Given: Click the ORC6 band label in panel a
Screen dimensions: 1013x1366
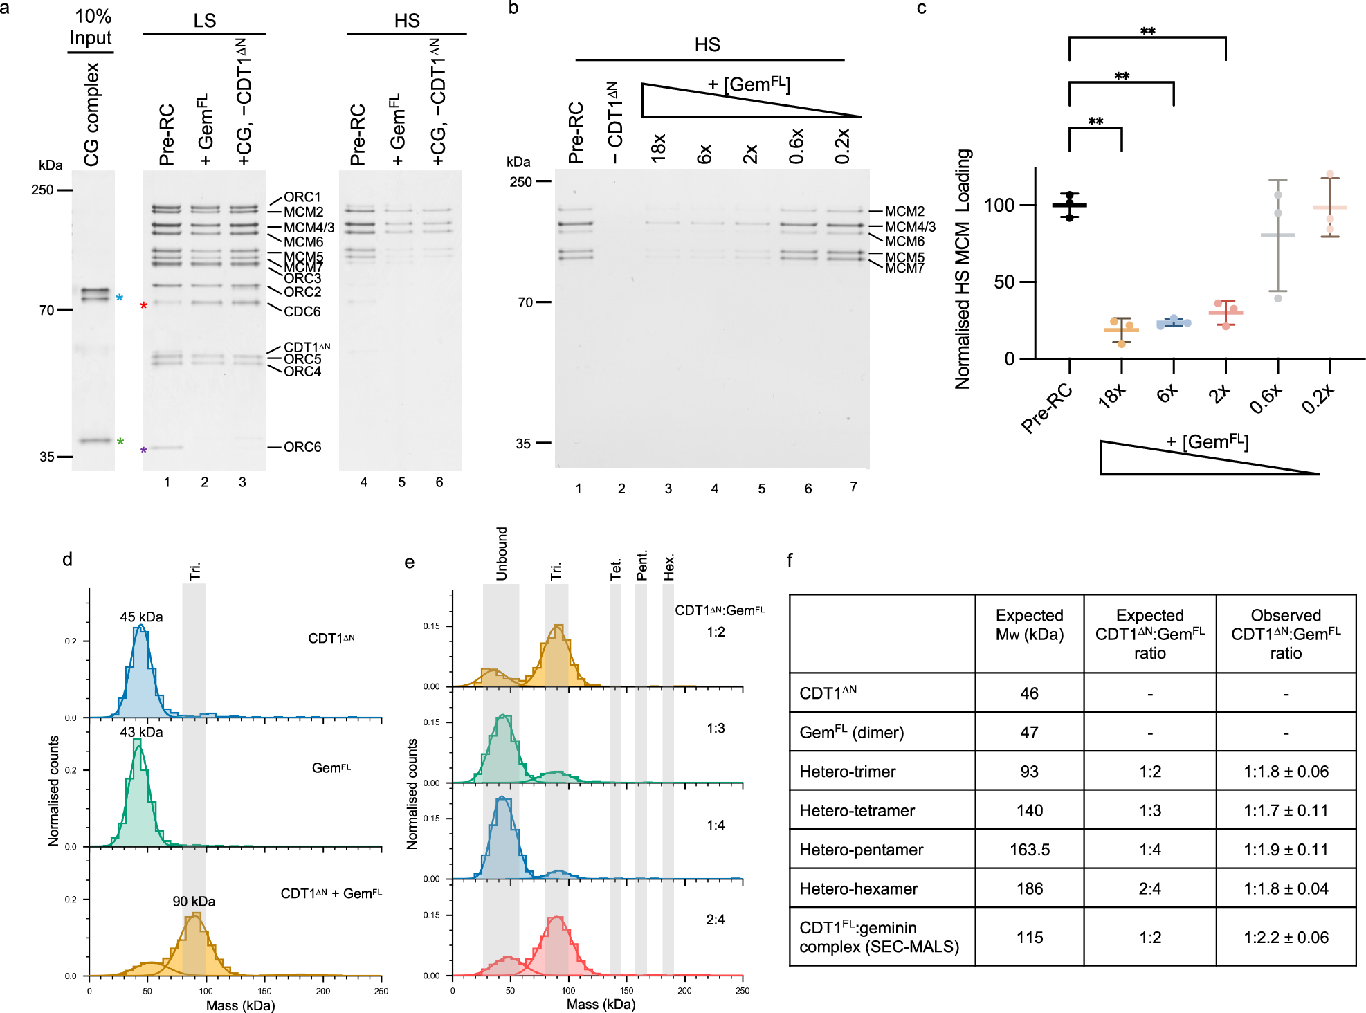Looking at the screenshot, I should [302, 447].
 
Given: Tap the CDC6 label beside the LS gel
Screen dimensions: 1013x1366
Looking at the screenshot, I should [302, 311].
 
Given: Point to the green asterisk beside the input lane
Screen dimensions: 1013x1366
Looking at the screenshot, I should [120, 442].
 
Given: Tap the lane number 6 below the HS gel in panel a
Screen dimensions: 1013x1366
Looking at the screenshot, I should [439, 482].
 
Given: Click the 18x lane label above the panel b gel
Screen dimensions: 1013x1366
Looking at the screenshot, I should [658, 147].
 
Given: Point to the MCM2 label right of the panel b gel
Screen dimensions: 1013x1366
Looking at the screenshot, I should [904, 211].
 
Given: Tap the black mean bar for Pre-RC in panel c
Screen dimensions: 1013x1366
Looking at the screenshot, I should [1070, 206].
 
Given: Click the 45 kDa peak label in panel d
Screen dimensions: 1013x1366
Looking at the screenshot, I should [141, 617].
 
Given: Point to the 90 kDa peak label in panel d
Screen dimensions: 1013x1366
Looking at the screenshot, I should [194, 902].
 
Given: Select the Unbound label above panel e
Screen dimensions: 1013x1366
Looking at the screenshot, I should [502, 554].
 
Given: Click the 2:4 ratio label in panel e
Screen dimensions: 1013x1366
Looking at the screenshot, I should [716, 920].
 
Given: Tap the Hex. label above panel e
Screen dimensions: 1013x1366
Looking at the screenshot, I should [668, 567].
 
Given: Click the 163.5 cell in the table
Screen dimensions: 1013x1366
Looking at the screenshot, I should [1029, 850].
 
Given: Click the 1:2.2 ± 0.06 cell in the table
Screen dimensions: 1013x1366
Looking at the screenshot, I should [1286, 938].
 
